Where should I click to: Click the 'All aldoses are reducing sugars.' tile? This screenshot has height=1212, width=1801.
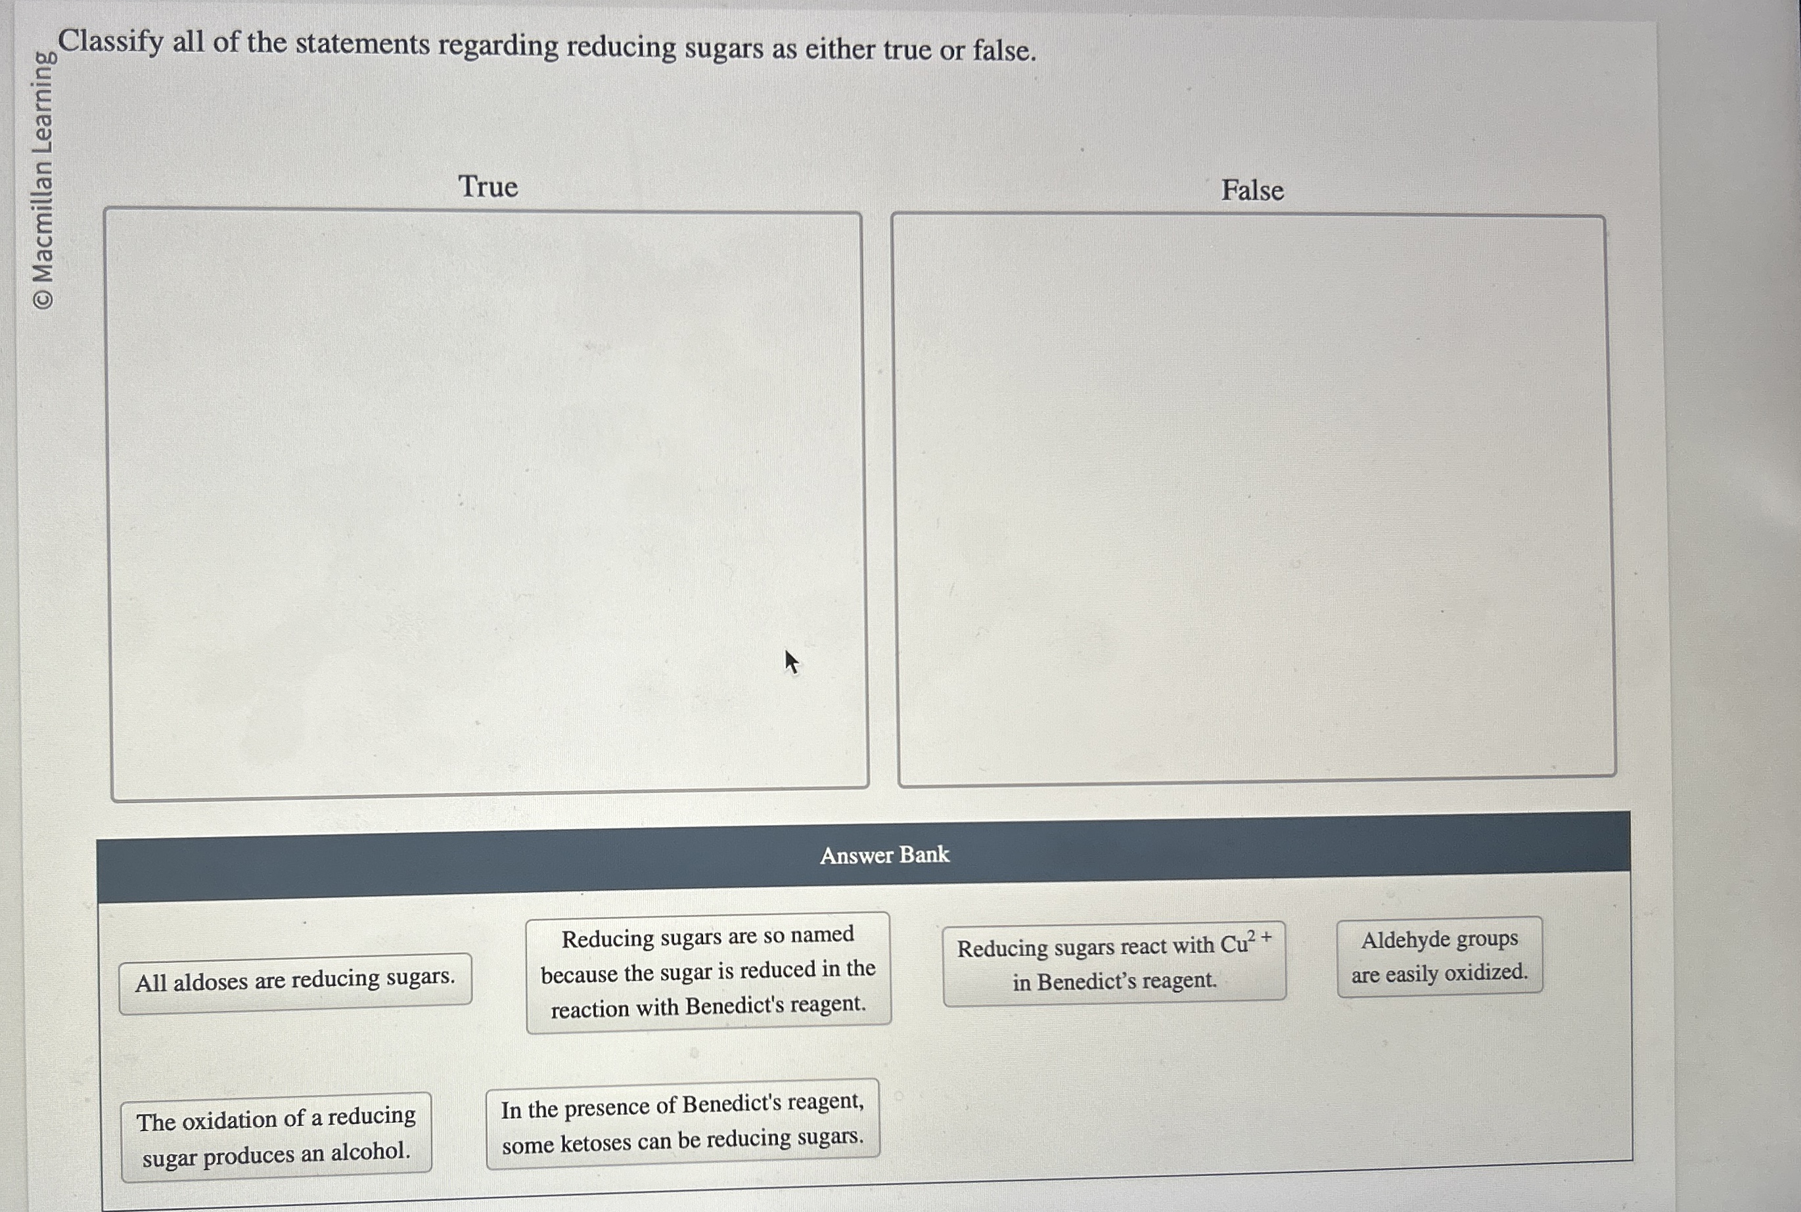pos(294,980)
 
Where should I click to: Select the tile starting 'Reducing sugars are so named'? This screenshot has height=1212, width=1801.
pos(708,972)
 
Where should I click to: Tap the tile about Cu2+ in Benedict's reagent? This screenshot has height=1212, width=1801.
pos(1114,963)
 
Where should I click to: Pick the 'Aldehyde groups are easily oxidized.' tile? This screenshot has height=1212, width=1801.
pos(1439,956)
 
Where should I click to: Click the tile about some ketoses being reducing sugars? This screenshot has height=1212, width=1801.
pos(683,1123)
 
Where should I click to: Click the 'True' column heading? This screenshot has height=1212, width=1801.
pos(488,187)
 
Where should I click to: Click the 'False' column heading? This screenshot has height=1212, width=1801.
pos(1252,190)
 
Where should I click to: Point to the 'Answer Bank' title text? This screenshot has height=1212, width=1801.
pos(884,855)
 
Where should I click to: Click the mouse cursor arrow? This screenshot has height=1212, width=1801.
pos(790,661)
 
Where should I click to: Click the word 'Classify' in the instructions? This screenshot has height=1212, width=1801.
pos(111,41)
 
